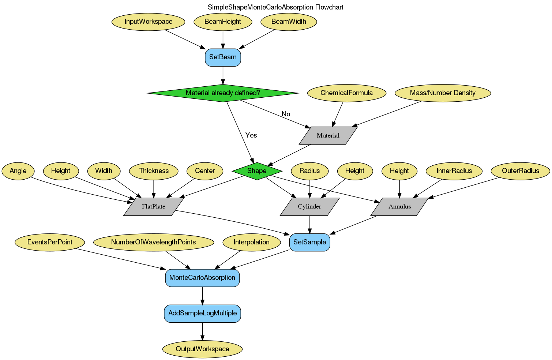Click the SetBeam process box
coord(223,57)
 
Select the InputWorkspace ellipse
coord(148,22)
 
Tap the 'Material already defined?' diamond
coord(223,93)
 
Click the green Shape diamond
coord(257,171)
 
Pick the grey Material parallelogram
coord(328,135)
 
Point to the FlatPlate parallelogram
coord(154,206)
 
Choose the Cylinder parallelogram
coord(309,206)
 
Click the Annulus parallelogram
coord(399,206)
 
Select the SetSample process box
coord(309,242)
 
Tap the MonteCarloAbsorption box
coord(202,278)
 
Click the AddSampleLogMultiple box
coord(202,313)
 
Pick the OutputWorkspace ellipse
coord(202,349)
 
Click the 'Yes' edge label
coord(251,135)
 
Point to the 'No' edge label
coord(286,114)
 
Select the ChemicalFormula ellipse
coord(346,93)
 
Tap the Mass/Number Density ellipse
coord(443,93)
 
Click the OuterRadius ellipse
coord(520,171)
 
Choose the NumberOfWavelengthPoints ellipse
coord(153,242)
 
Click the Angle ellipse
coord(18,171)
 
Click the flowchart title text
coord(275,7)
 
